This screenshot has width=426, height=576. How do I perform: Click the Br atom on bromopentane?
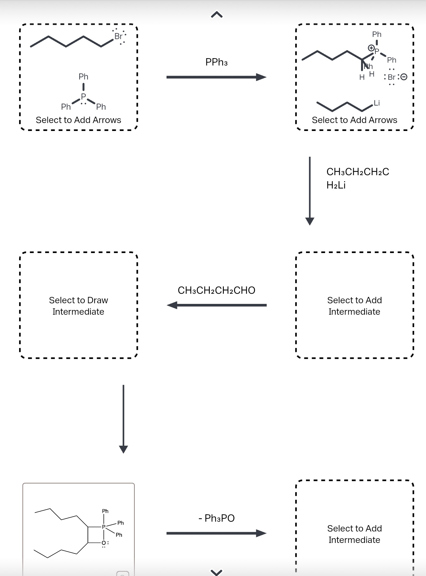(118, 36)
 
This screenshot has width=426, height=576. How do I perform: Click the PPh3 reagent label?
(217, 62)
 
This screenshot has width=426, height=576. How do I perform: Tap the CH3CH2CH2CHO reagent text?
(217, 290)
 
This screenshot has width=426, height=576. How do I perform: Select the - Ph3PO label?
(217, 518)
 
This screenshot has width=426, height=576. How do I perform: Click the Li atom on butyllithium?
(377, 103)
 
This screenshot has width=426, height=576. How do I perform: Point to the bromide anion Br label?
(392, 77)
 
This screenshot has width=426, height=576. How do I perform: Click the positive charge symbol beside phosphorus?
(371, 48)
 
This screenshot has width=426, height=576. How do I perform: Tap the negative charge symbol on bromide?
(404, 77)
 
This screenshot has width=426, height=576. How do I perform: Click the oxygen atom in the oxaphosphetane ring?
(104, 543)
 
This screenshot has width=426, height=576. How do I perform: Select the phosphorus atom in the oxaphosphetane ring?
(103, 527)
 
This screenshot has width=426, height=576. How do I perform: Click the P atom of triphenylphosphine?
(83, 96)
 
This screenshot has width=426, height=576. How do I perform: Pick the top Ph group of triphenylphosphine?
(83, 77)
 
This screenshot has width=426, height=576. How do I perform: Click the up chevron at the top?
(217, 15)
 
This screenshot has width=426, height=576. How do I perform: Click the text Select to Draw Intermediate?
(78, 306)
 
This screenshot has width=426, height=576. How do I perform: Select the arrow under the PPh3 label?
(217, 77)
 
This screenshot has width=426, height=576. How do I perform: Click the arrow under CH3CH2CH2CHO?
(217, 305)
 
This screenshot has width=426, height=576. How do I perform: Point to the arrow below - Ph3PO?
(217, 533)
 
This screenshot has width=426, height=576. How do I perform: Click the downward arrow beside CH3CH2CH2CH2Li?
(310, 191)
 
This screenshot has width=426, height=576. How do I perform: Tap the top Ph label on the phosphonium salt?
(377, 34)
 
